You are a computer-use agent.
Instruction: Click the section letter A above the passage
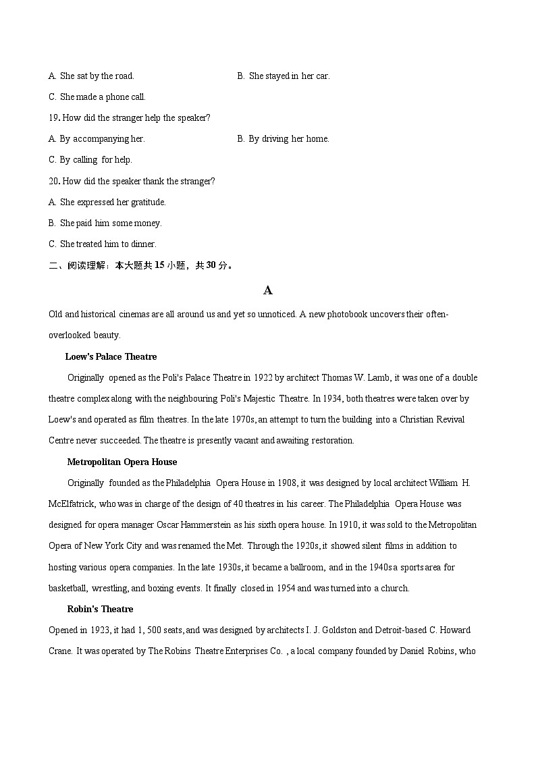pos(268,290)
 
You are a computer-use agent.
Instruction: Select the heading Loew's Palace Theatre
pos(111,356)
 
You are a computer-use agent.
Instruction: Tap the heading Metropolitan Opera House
pos(122,462)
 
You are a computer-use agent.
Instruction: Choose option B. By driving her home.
pos(283,138)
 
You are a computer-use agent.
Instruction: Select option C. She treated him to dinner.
pos(103,244)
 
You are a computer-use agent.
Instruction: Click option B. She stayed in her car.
pos(283,76)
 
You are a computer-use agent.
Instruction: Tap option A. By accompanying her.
pos(97,138)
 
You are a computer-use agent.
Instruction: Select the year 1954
pos(283,588)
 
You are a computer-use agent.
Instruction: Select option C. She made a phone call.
pos(97,97)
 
